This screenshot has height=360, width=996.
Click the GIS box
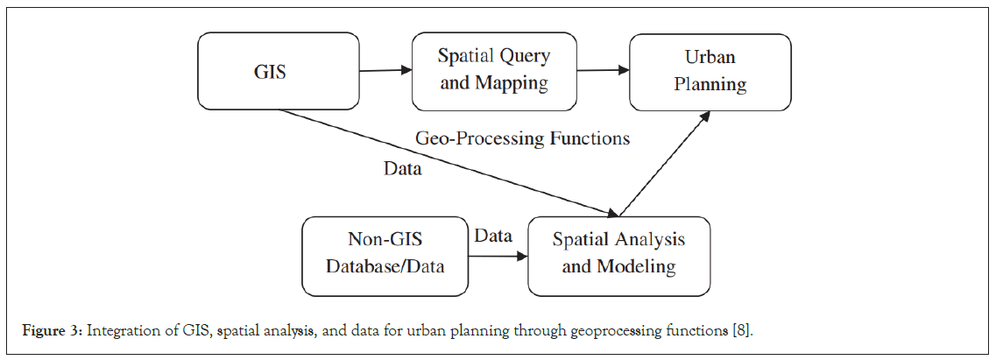pos(270,72)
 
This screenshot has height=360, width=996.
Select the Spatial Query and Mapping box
pos(493,70)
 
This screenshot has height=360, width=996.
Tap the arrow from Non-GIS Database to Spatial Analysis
pos(498,257)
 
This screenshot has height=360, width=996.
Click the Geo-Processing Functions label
pos(522,138)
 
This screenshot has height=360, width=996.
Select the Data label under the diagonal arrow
pos(403,169)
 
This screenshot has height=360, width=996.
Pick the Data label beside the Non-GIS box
pos(493,236)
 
